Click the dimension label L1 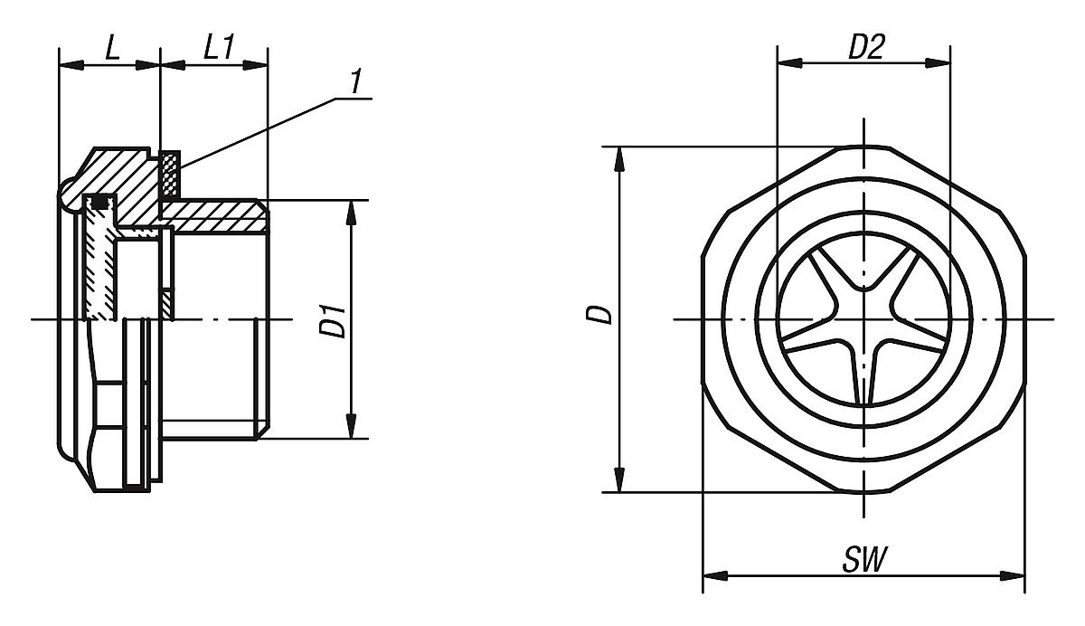click(x=215, y=50)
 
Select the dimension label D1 click(x=335, y=320)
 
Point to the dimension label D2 click(x=864, y=49)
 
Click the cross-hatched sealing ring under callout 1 click(x=169, y=175)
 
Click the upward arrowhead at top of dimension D click(x=620, y=157)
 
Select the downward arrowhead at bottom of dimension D click(x=620, y=480)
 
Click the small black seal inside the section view click(x=100, y=202)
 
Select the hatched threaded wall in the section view click(x=217, y=216)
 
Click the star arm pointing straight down click(x=865, y=380)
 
